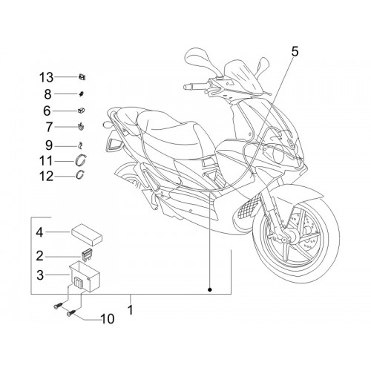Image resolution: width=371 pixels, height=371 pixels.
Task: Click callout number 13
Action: coord(47,77)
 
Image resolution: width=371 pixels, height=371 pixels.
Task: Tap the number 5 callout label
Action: coord(295,52)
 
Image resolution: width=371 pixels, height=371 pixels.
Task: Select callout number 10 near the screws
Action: coord(108,319)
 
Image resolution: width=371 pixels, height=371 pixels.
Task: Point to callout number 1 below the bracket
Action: coord(131,309)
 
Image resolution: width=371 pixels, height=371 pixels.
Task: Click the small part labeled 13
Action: coord(82,77)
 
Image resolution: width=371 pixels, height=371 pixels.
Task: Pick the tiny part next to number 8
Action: coord(82,93)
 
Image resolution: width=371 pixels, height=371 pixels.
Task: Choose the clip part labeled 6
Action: coord(82,111)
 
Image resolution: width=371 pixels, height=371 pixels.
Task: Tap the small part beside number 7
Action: coord(81,127)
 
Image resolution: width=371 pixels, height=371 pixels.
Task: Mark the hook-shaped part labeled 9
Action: coord(80,146)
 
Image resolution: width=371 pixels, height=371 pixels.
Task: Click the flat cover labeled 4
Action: coord(87,235)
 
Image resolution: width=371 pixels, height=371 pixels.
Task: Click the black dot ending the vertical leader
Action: coord(210,289)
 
